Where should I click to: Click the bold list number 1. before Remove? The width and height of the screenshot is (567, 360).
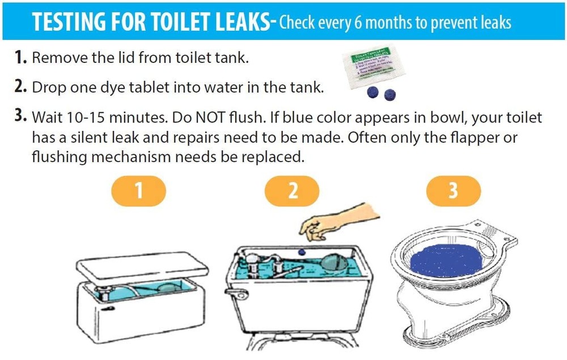20,57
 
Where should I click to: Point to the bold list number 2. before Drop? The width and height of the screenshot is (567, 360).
20,87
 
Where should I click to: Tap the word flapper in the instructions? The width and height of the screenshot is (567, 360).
472,138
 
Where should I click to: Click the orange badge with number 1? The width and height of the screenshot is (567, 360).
139,191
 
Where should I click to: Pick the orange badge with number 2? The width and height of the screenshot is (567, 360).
293,191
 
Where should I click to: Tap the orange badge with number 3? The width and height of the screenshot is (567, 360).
453,191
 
